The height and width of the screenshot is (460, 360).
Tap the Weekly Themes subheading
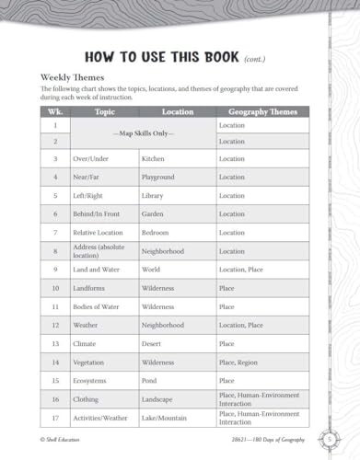pos(74,77)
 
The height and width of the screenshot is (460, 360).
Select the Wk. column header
pos(55,112)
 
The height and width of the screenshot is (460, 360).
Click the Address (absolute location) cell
pos(102,250)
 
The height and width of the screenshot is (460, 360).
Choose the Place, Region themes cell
pos(239,362)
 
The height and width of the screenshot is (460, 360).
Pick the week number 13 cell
pos(55,343)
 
